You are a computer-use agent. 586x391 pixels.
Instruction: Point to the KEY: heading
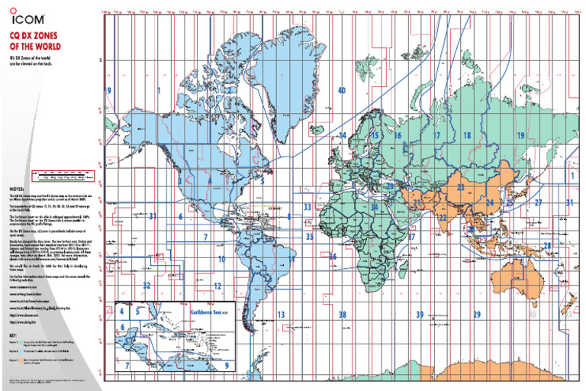(13, 335)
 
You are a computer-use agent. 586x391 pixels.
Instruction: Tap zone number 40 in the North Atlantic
(341, 90)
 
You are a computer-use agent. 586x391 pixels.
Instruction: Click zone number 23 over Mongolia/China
(461, 187)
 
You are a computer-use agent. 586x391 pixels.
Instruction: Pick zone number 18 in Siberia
(466, 135)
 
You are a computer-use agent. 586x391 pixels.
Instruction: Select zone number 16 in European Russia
(398, 135)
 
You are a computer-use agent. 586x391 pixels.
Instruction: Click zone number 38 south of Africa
(343, 315)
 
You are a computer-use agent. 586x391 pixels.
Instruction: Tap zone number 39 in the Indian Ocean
(419, 315)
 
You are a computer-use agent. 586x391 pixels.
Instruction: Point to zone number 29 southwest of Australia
(477, 315)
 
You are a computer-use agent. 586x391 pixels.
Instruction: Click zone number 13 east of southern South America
(281, 315)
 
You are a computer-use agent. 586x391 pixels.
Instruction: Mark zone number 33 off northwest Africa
(307, 206)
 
